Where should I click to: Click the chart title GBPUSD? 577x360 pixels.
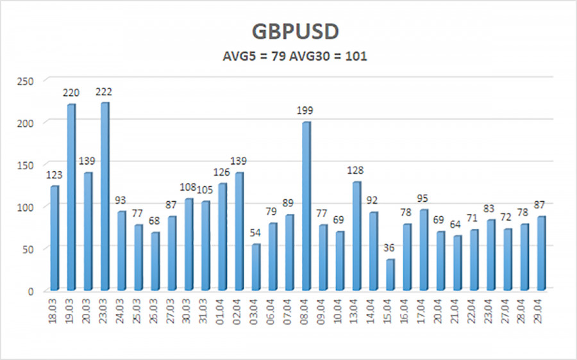[288, 32]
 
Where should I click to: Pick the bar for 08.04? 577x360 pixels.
[306, 206]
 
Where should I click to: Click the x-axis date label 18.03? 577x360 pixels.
[55, 311]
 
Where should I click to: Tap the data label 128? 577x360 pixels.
[356, 172]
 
